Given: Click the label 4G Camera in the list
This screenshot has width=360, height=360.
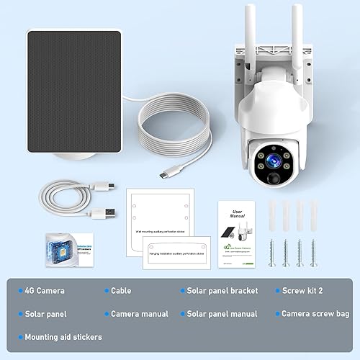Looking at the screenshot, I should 45,291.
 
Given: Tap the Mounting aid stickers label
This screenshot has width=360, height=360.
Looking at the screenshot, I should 63,337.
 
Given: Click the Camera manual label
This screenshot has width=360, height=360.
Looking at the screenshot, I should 139,314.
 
